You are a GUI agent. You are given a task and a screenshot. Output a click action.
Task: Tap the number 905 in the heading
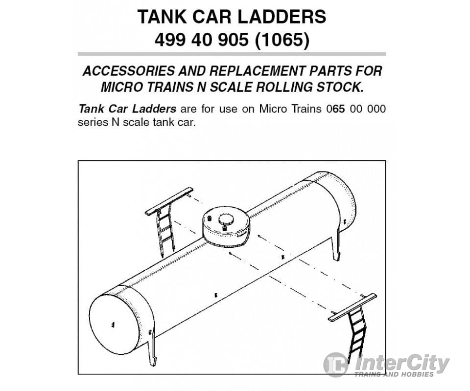231,40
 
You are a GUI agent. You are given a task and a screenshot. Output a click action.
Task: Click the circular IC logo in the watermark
336,365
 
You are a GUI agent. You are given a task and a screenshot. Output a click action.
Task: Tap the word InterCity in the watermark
401,363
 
